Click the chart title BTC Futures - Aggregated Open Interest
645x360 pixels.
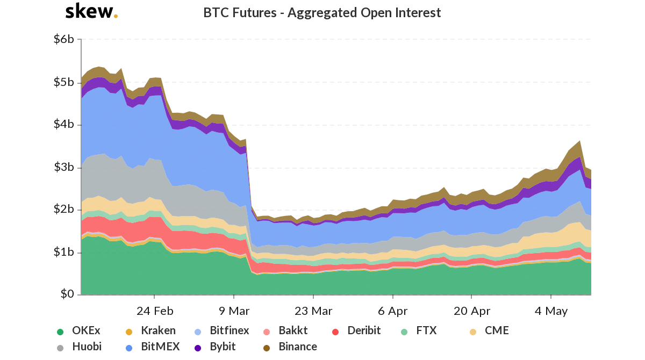322,12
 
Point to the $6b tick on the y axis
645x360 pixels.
64,39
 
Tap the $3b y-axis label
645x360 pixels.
64,167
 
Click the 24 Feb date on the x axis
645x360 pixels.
155,311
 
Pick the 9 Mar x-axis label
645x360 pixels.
234,311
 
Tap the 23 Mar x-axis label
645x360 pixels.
313,311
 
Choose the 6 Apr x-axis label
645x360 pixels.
393,311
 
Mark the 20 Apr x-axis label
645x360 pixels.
471,311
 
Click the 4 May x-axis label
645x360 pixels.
551,311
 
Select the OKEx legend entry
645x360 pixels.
85,330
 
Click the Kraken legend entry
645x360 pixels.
158,330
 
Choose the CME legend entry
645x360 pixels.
497,330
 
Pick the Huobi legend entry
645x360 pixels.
87,347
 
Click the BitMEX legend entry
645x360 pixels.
160,347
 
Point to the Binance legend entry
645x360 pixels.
297,347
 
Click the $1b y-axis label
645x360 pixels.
64,252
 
